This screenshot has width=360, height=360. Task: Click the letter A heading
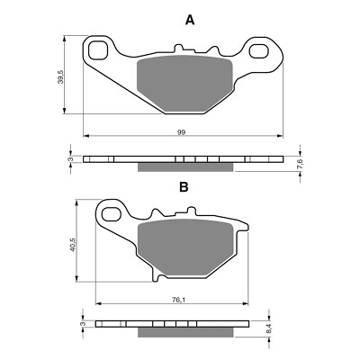tap(190, 21)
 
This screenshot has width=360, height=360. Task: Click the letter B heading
tap(184, 187)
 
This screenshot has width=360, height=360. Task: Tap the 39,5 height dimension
tap(60, 77)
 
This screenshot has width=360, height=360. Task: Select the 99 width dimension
tap(181, 132)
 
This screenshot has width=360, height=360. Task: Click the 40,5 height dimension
tap(73, 244)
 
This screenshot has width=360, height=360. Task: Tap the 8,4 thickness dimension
tap(269, 328)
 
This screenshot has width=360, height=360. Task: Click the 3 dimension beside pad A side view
tap(71, 159)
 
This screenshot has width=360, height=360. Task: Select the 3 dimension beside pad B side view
tap(84, 324)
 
